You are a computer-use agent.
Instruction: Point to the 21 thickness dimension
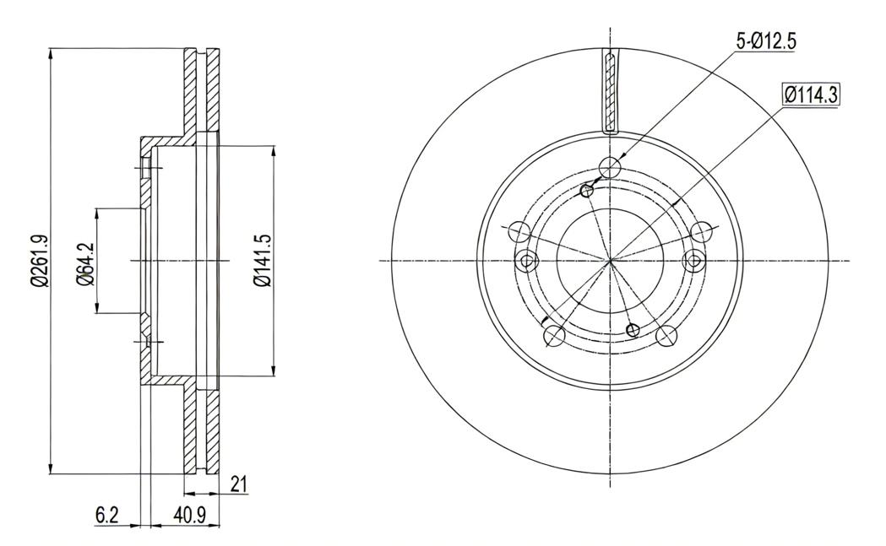pos(240,485)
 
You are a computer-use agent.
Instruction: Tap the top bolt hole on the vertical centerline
pos(611,167)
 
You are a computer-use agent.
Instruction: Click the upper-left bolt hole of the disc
pos(519,231)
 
